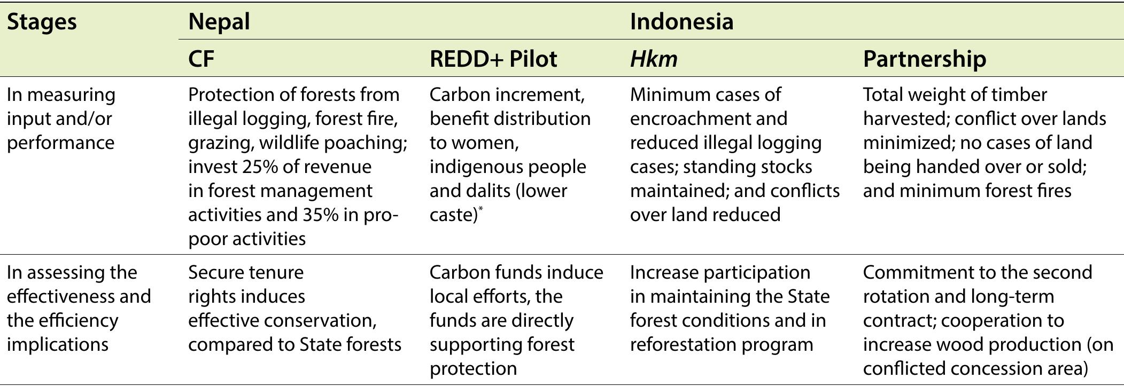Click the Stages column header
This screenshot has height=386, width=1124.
[42, 22]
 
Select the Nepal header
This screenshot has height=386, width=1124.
[219, 22]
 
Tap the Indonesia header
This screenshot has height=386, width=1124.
[681, 22]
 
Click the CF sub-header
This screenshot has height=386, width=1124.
[201, 59]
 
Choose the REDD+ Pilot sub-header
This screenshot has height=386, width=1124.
[493, 59]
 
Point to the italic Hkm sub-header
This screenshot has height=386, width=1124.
[653, 59]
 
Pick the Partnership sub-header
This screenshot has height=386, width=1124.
[924, 59]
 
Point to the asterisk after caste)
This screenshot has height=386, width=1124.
[480, 209]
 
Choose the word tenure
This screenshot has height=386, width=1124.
[275, 272]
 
